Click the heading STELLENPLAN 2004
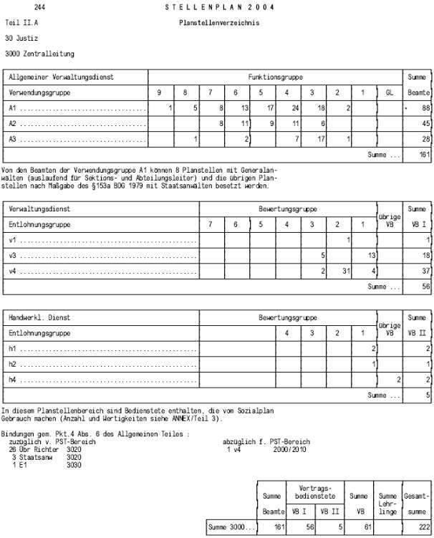[220, 7]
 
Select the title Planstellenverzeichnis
[219, 23]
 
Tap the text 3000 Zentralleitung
[39, 54]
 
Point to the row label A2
[13, 123]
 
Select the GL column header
[390, 93]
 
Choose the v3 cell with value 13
[371, 255]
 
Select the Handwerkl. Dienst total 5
[426, 395]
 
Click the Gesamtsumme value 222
[422, 527]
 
